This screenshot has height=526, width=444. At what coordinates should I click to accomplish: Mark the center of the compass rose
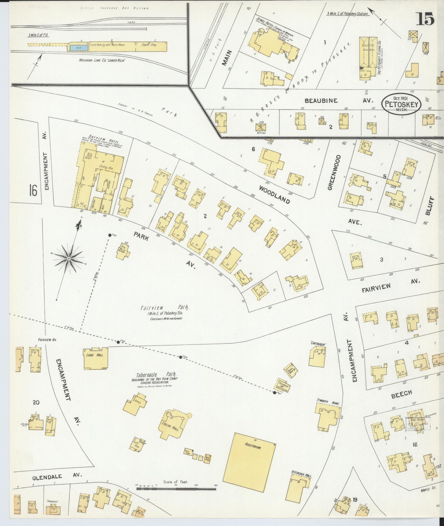tap(69, 258)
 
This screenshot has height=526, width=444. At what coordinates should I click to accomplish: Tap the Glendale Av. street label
tap(57, 476)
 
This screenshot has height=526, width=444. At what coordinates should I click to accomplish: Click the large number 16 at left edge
tap(33, 190)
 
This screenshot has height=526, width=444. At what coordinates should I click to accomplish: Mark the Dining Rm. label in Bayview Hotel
tap(106, 167)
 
